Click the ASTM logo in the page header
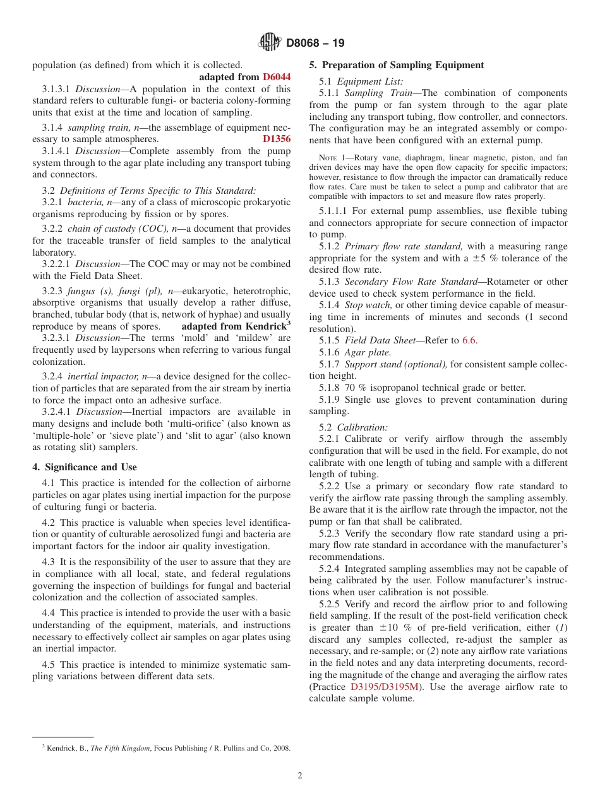point(270,43)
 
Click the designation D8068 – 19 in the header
point(315,44)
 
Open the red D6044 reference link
point(277,77)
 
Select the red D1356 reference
point(277,139)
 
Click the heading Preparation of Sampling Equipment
point(397,65)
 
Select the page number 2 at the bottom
point(300,776)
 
